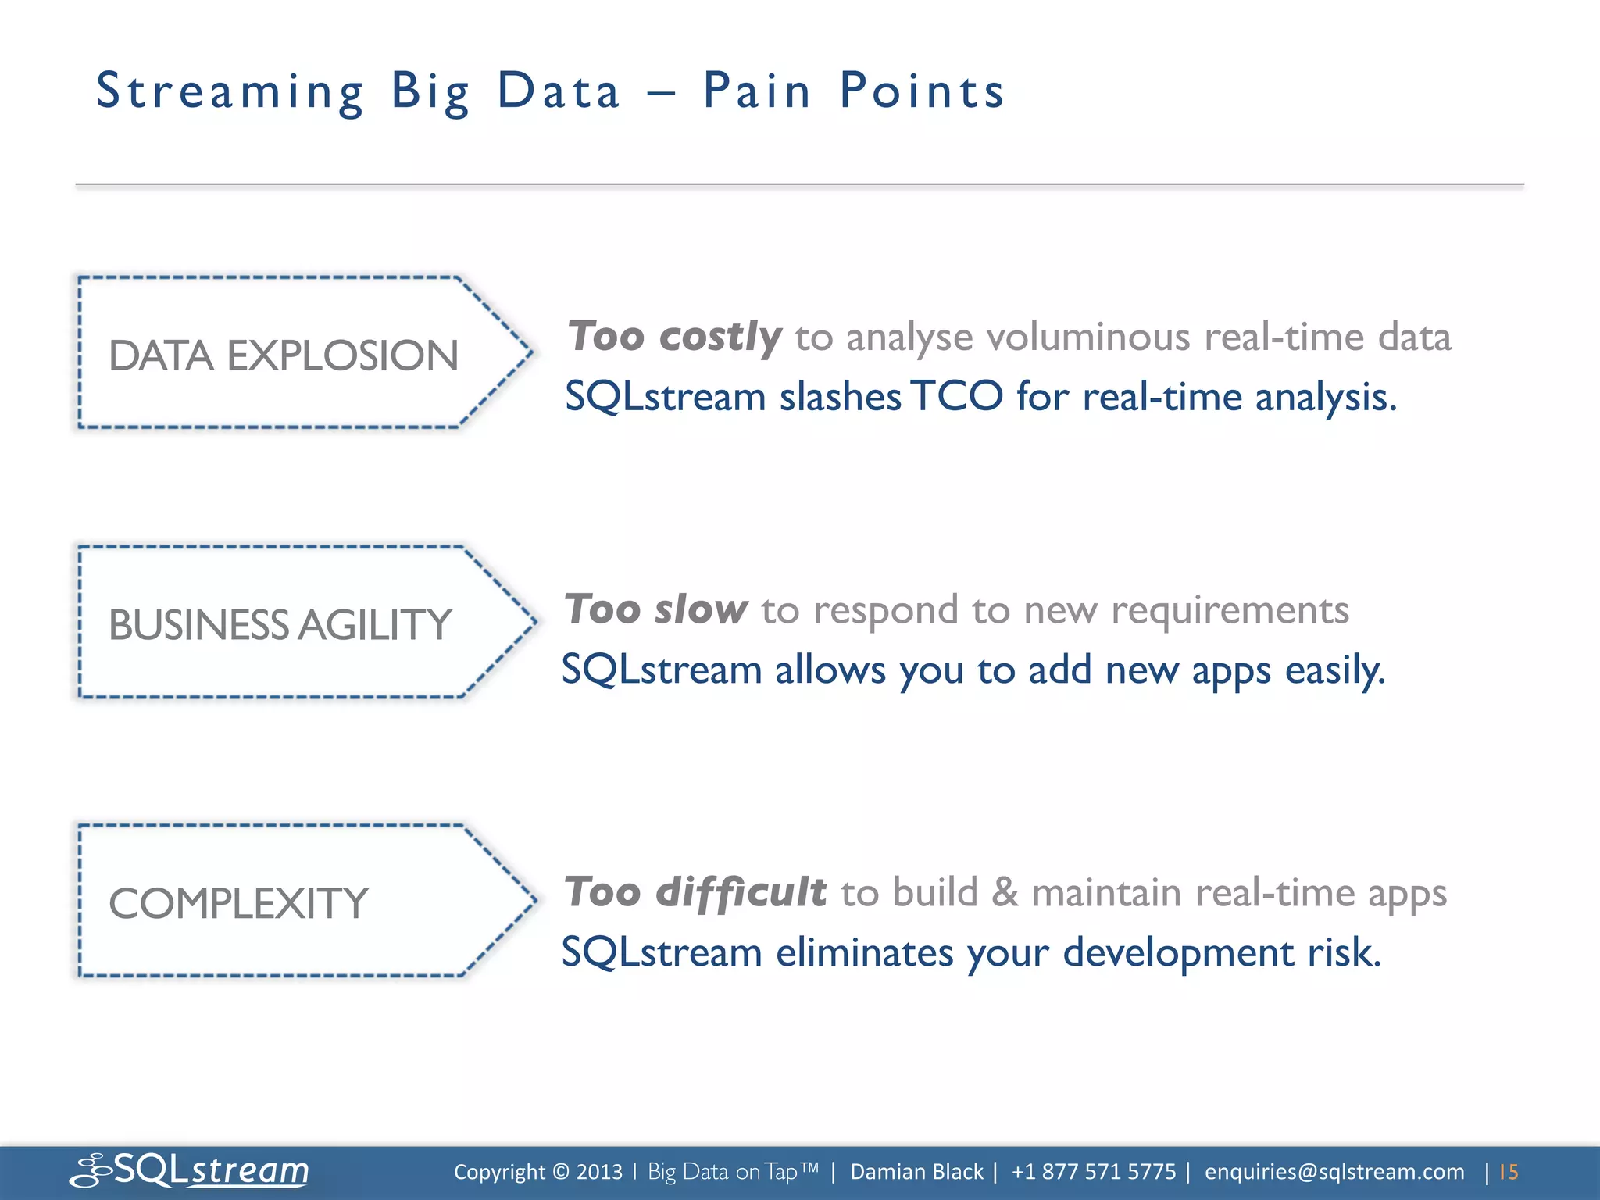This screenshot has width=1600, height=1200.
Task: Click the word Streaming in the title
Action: click(x=230, y=92)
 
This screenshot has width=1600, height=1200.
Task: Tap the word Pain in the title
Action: click(x=757, y=91)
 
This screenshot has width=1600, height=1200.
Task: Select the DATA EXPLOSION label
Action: click(x=283, y=355)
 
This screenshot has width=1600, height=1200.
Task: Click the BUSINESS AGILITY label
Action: click(x=280, y=625)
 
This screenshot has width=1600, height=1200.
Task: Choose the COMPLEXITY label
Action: click(x=237, y=904)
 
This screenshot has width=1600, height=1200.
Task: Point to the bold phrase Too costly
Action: click(x=673, y=337)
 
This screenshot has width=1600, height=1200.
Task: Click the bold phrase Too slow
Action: click(x=655, y=609)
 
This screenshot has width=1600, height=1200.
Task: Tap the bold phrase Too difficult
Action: click(x=695, y=892)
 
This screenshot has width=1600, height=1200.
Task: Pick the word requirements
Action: click(x=1230, y=610)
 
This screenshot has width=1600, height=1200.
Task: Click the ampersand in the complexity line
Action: click(x=1005, y=892)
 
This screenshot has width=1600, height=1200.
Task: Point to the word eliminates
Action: click(x=864, y=952)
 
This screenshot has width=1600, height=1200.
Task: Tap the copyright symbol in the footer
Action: click(x=560, y=1172)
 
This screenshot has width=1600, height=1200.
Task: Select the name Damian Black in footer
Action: click(x=916, y=1172)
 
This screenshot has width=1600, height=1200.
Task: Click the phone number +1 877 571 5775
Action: click(x=1093, y=1172)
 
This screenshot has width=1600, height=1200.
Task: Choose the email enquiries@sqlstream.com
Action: click(x=1334, y=1172)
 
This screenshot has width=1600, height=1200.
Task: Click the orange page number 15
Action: click(x=1509, y=1172)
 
